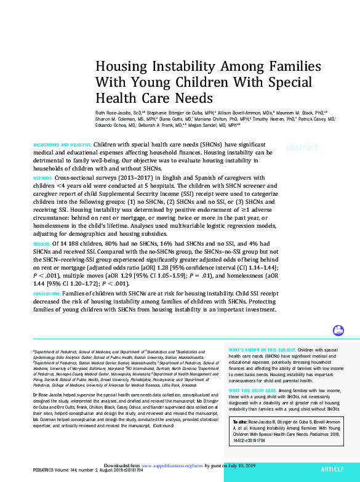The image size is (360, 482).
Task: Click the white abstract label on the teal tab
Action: coord(302,148)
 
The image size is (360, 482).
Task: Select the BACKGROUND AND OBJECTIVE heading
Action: coord(62,144)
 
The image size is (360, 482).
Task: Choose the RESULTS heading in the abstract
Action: coord(42,244)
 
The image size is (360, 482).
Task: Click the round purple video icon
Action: coord(338,331)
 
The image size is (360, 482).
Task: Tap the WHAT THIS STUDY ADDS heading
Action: coord(253,391)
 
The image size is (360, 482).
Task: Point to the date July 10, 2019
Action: coord(242,466)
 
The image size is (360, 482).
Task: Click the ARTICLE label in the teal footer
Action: coord(332,469)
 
